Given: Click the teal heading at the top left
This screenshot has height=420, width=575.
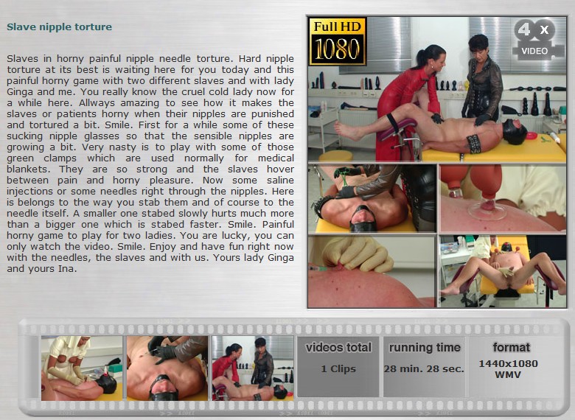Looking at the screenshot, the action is pyautogui.click(x=60, y=27).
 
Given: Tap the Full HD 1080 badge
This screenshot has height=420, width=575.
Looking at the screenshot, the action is pyautogui.click(x=338, y=42).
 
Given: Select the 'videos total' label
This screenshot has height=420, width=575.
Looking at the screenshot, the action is pyautogui.click(x=338, y=348).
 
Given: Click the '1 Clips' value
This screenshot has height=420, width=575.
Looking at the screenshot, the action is pyautogui.click(x=338, y=369).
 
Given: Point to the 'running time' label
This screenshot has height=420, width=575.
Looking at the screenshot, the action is pyautogui.click(x=425, y=348).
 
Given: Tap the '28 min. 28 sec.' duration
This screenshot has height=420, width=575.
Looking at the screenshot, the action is pyautogui.click(x=425, y=369).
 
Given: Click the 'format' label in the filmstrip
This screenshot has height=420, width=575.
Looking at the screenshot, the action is pyautogui.click(x=511, y=347).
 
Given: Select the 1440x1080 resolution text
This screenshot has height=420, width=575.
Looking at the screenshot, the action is pyautogui.click(x=508, y=363).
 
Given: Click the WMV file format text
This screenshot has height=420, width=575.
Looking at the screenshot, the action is pyautogui.click(x=508, y=375).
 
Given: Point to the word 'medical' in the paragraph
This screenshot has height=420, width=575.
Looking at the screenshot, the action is pyautogui.click(x=276, y=158).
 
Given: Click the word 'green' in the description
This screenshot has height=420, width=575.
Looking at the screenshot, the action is pyautogui.click(x=20, y=159).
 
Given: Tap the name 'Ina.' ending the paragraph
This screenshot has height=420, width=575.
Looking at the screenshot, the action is pyautogui.click(x=68, y=269).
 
